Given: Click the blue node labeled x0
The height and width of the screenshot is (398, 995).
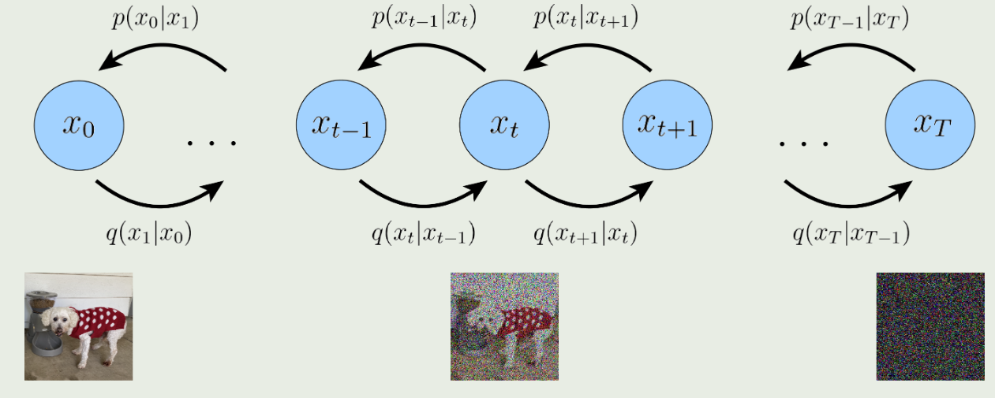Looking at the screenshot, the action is coord(79,125).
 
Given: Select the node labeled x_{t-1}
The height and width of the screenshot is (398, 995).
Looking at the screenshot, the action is coord(341,125).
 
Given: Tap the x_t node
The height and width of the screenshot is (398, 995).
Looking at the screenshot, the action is coord(504,125).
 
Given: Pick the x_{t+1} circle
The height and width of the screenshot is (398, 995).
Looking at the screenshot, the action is coord(668,125).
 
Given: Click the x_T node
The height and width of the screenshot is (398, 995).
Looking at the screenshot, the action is coord(930,125).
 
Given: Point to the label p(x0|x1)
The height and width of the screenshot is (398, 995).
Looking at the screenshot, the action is coord(155,19).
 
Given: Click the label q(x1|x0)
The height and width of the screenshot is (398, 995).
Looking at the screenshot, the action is coord(149,233).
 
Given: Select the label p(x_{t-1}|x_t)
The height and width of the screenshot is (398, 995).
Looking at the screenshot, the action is coord(425,18).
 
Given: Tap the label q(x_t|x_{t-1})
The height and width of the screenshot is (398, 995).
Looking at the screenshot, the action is coord(423,233).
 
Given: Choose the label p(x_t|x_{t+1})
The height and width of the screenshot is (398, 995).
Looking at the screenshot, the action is coord(586,18).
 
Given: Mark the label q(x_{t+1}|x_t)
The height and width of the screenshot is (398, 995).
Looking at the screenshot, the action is coord(585,233).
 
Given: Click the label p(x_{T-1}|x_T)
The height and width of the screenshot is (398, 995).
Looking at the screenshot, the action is coord(850,19).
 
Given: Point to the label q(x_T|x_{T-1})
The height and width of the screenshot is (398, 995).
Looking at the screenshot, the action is coord(851,233).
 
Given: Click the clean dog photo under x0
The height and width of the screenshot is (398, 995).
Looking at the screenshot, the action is coord(79,326).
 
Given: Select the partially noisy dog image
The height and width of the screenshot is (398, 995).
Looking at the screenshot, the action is coord(505,326).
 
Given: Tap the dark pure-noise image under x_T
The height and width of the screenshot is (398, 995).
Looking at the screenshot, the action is coord(930,326).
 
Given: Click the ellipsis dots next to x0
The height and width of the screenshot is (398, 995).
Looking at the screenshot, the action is coord(212,143).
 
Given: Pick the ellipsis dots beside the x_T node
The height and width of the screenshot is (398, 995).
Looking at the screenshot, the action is coord(803,143).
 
